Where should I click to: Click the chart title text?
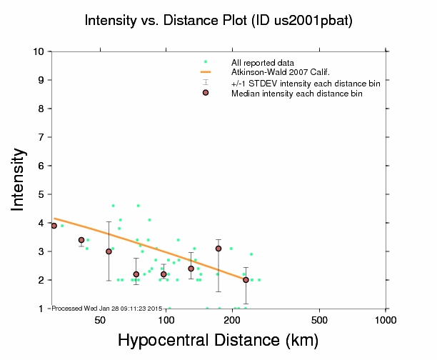click(218, 20)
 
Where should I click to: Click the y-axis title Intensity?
click(20, 179)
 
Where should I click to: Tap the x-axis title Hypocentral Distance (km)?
click(217, 341)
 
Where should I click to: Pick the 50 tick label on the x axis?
click(100, 319)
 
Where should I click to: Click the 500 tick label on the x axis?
click(320, 319)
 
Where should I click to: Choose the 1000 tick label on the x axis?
click(386, 319)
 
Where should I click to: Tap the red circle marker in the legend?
click(206, 93)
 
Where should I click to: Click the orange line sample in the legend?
click(206, 72)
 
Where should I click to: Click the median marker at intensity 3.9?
click(54, 226)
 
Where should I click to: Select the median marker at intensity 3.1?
click(218, 249)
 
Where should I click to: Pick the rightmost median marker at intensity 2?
click(246, 280)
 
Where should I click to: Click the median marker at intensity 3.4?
click(81, 240)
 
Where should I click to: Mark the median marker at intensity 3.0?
click(109, 251)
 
